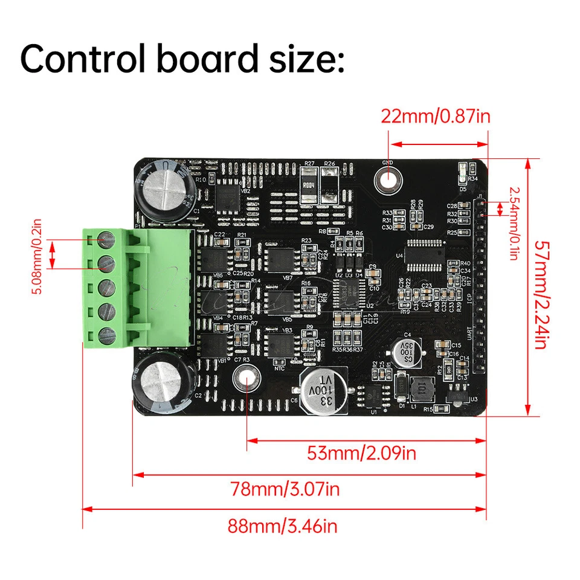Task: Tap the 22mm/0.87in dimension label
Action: point(435,116)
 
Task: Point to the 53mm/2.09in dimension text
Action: point(361,453)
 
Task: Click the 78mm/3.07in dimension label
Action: point(284,488)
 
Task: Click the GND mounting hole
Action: point(387,178)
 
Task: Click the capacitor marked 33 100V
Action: point(325,393)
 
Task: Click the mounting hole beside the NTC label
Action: point(245,377)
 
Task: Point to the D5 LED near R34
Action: point(463,173)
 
